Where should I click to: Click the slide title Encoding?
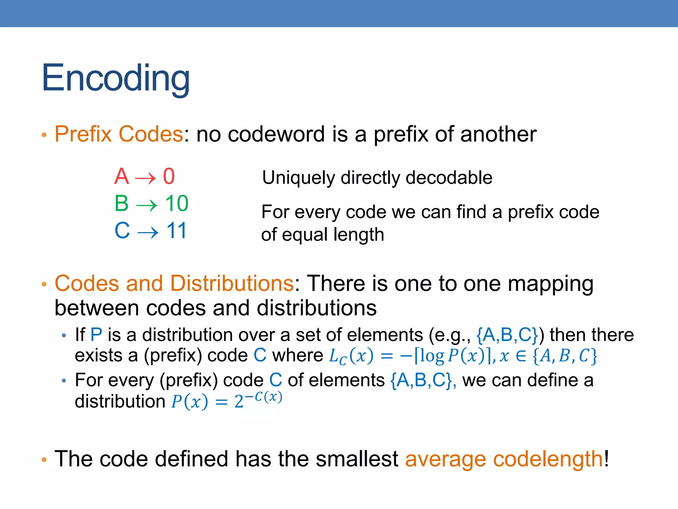[116, 79]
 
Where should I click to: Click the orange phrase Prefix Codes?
[119, 134]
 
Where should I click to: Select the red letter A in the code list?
[121, 176]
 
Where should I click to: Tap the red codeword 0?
[169, 176]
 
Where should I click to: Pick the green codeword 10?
[177, 203]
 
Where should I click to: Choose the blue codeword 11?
[177, 230]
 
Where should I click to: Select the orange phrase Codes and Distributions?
[174, 284]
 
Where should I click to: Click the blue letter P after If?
[96, 335]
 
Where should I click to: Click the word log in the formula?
[432, 356]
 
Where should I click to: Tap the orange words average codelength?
[504, 459]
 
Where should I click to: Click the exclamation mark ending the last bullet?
[606, 459]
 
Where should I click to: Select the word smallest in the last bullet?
[357, 459]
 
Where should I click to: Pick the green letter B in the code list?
[121, 203]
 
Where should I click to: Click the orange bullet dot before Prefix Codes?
[44, 135]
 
